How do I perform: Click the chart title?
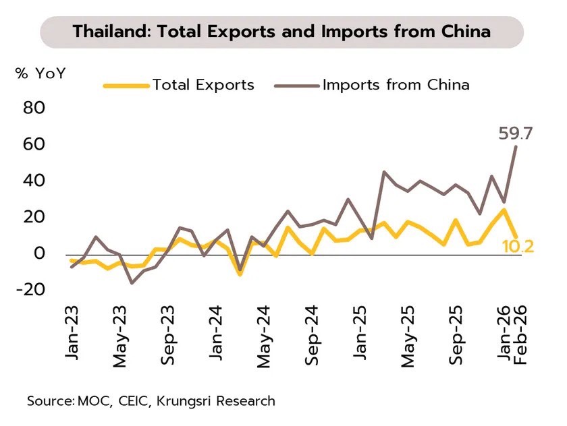[281, 32]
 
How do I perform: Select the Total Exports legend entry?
[203, 85]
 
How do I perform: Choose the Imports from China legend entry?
[396, 85]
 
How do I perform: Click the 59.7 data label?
[516, 133]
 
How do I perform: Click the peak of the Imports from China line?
[516, 146]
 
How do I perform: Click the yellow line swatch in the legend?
[126, 86]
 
